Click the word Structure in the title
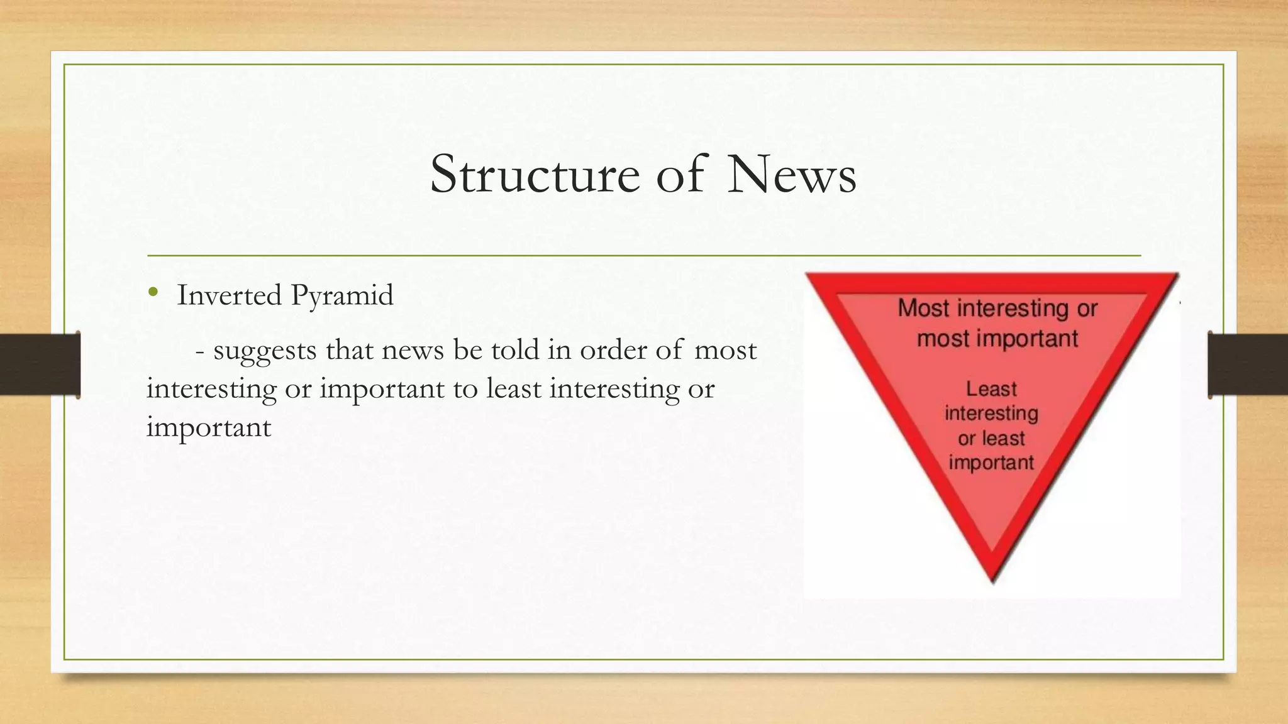click(x=535, y=175)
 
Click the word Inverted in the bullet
click(x=229, y=295)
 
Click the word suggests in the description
click(x=265, y=351)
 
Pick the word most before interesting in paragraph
click(x=725, y=350)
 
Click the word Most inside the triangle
click(x=923, y=308)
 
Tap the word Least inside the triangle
click(x=991, y=389)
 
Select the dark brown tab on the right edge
click(x=1248, y=365)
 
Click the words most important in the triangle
click(x=997, y=339)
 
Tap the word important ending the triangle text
click(x=991, y=463)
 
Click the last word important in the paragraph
click(x=208, y=428)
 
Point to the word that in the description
click(x=349, y=349)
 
